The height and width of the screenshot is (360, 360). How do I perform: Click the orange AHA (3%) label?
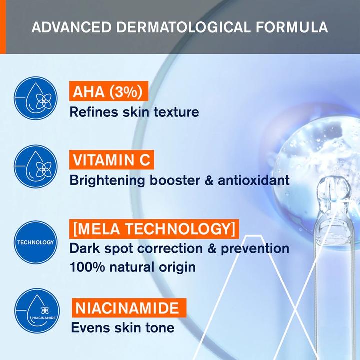point(109,92)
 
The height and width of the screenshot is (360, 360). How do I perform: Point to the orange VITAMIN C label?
point(111,160)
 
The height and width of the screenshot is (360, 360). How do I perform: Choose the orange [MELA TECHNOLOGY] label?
point(153,229)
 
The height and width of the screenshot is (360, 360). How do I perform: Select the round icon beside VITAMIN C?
point(35,166)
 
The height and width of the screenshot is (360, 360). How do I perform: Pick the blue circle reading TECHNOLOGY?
point(35,242)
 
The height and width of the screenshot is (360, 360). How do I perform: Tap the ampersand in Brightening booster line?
point(194,180)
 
